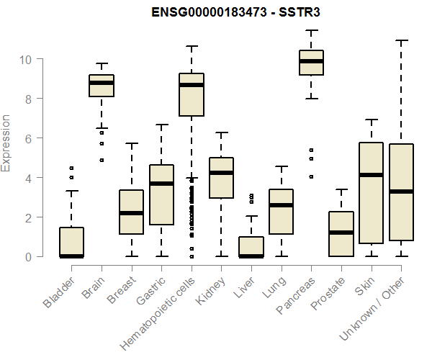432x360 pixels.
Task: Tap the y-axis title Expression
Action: pos(6,143)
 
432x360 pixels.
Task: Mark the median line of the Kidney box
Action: pos(221,173)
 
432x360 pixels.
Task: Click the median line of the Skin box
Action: pos(372,175)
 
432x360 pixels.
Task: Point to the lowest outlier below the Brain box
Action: pos(102,160)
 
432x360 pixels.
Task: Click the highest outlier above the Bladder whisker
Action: pos(71,168)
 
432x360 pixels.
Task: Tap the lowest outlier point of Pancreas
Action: pos(311,176)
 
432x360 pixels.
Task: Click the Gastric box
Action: pos(161,194)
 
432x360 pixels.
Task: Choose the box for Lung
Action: pos(281,212)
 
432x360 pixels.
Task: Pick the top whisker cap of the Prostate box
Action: pos(341,189)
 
